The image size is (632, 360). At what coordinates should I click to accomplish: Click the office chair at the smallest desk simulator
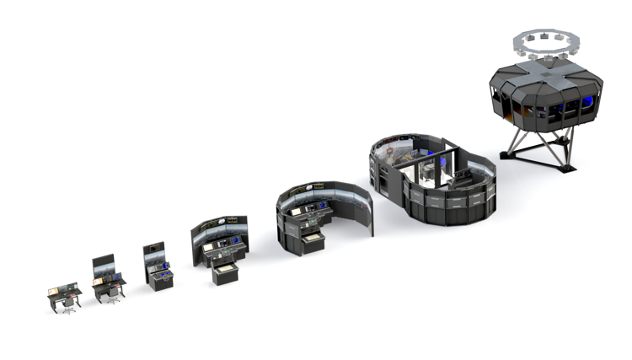click(68, 303)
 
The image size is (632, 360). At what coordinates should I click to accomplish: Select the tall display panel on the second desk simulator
click(102, 265)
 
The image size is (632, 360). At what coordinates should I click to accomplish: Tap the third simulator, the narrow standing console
click(158, 266)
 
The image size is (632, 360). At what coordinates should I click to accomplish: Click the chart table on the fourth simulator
click(225, 273)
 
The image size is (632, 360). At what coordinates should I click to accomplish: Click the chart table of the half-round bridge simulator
click(311, 240)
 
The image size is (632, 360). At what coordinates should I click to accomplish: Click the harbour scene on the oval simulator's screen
click(396, 152)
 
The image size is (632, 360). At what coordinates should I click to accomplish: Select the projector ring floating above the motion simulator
click(545, 40)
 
